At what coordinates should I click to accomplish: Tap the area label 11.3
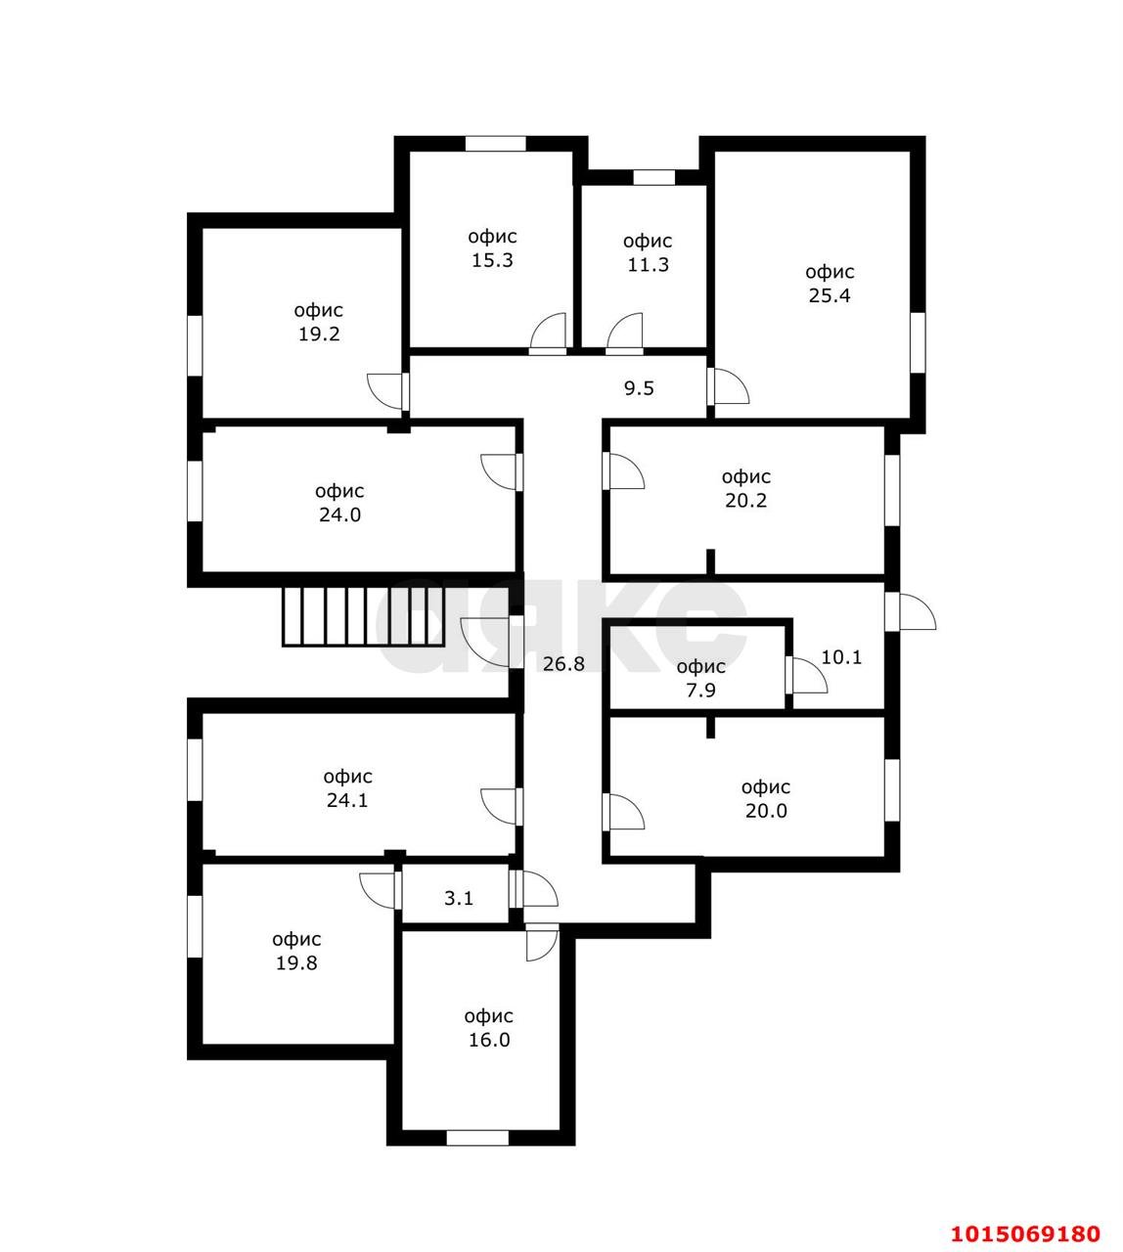click(x=648, y=265)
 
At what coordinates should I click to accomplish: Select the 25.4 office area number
click(x=829, y=296)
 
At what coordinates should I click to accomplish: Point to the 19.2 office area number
click(x=319, y=335)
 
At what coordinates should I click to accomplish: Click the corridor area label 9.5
click(x=639, y=388)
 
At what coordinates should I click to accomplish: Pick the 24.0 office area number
click(x=339, y=515)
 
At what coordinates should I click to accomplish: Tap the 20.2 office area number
click(x=746, y=501)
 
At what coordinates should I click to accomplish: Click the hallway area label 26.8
click(x=563, y=664)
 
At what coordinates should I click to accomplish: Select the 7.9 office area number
click(x=701, y=691)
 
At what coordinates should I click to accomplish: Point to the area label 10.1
click(x=841, y=657)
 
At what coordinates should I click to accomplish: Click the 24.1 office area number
click(x=348, y=801)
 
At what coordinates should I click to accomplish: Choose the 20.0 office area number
click(x=765, y=811)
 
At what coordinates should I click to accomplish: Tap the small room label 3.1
click(x=459, y=898)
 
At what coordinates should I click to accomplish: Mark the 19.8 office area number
click(x=295, y=963)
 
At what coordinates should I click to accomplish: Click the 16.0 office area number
click(x=489, y=1041)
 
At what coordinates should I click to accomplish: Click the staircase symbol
click(x=362, y=616)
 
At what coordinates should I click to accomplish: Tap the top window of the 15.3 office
click(x=495, y=144)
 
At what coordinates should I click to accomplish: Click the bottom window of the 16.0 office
click(x=477, y=1138)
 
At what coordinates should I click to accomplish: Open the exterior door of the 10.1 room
click(x=910, y=612)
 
